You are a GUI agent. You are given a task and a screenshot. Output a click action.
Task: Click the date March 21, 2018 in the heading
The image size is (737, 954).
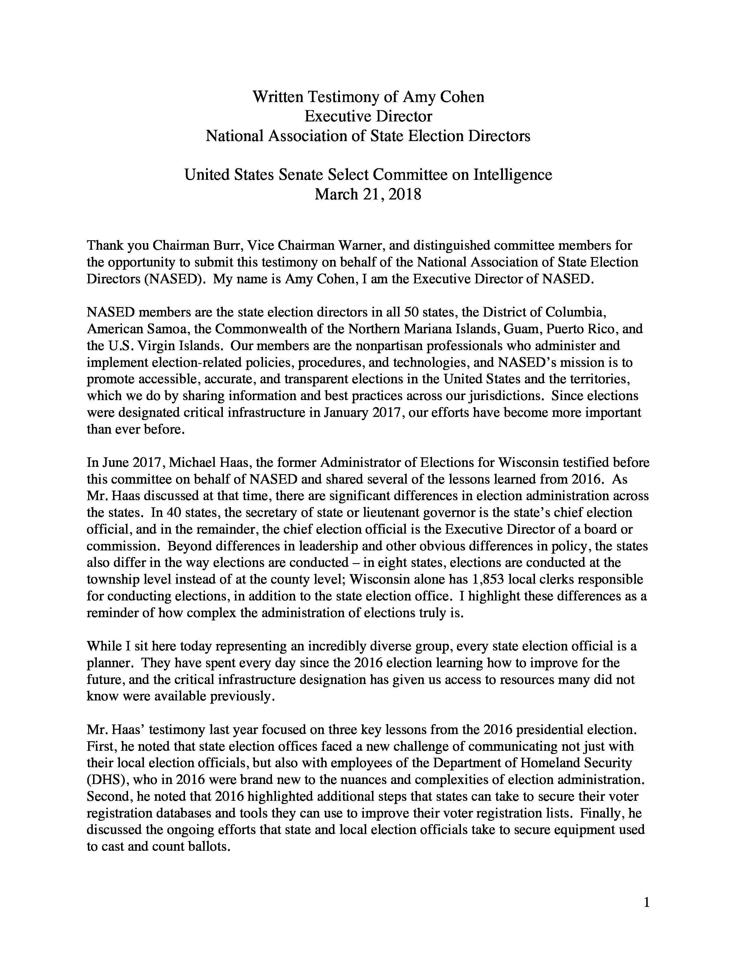pos(368,194)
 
